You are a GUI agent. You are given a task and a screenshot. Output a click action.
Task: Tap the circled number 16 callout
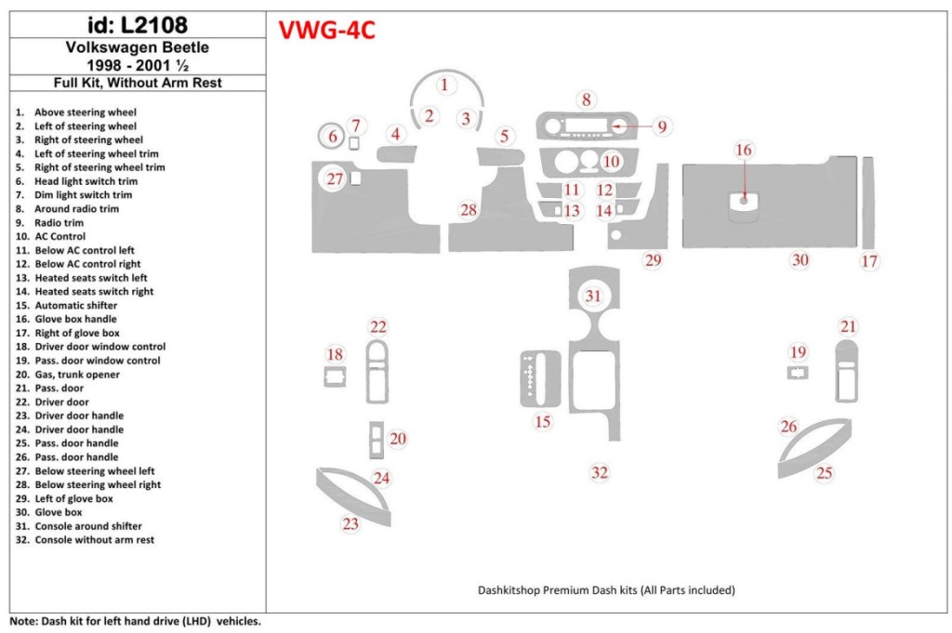click(744, 150)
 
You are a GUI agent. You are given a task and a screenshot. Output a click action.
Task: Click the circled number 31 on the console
click(593, 296)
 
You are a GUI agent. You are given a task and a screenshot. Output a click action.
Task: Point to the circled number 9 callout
click(662, 126)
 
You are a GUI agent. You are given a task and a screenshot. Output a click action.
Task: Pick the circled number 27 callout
click(335, 178)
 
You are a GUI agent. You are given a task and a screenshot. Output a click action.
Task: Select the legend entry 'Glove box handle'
click(76, 319)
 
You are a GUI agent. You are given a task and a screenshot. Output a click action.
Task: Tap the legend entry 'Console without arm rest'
click(94, 540)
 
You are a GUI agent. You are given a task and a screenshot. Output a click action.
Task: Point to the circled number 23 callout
click(350, 524)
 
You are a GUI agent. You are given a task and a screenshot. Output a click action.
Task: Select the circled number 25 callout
click(824, 473)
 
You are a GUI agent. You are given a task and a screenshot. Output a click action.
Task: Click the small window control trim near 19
click(798, 373)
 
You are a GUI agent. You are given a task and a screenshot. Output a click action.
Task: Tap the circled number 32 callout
click(600, 473)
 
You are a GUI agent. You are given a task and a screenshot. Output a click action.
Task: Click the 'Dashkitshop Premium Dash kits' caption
click(606, 590)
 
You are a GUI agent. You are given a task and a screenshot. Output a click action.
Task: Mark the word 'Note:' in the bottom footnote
click(23, 621)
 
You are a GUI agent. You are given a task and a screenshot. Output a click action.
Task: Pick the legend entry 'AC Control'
click(59, 237)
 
